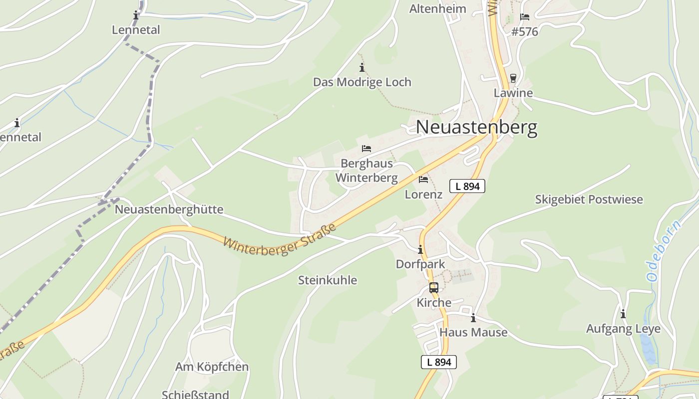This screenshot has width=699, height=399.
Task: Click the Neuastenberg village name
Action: tap(476, 127)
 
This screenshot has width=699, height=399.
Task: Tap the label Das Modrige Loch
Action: tap(362, 82)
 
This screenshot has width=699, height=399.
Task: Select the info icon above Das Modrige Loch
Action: tap(362, 68)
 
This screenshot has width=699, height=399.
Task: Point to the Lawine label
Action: tap(513, 93)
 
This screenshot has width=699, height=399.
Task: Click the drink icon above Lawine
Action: tap(513, 78)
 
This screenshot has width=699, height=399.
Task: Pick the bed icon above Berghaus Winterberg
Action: tap(366, 149)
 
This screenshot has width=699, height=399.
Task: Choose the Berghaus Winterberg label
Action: tap(366, 171)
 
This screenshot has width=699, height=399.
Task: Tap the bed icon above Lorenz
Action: tap(423, 180)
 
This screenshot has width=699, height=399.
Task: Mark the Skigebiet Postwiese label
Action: tap(589, 199)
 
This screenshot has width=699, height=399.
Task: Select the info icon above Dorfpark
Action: tap(420, 250)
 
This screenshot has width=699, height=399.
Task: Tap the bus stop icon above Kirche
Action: tap(434, 288)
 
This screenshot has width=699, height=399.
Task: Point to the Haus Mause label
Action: tap(473, 332)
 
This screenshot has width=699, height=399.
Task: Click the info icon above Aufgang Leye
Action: tap(623, 314)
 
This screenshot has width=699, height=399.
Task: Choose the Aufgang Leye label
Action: tap(623, 329)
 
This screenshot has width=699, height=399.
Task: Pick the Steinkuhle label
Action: tap(328, 280)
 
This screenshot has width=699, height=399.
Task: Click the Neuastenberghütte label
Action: tap(169, 209)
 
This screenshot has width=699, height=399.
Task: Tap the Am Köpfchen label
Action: tap(212, 367)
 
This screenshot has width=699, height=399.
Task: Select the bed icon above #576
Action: tap(525, 17)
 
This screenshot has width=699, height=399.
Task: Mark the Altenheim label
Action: tap(438, 8)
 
